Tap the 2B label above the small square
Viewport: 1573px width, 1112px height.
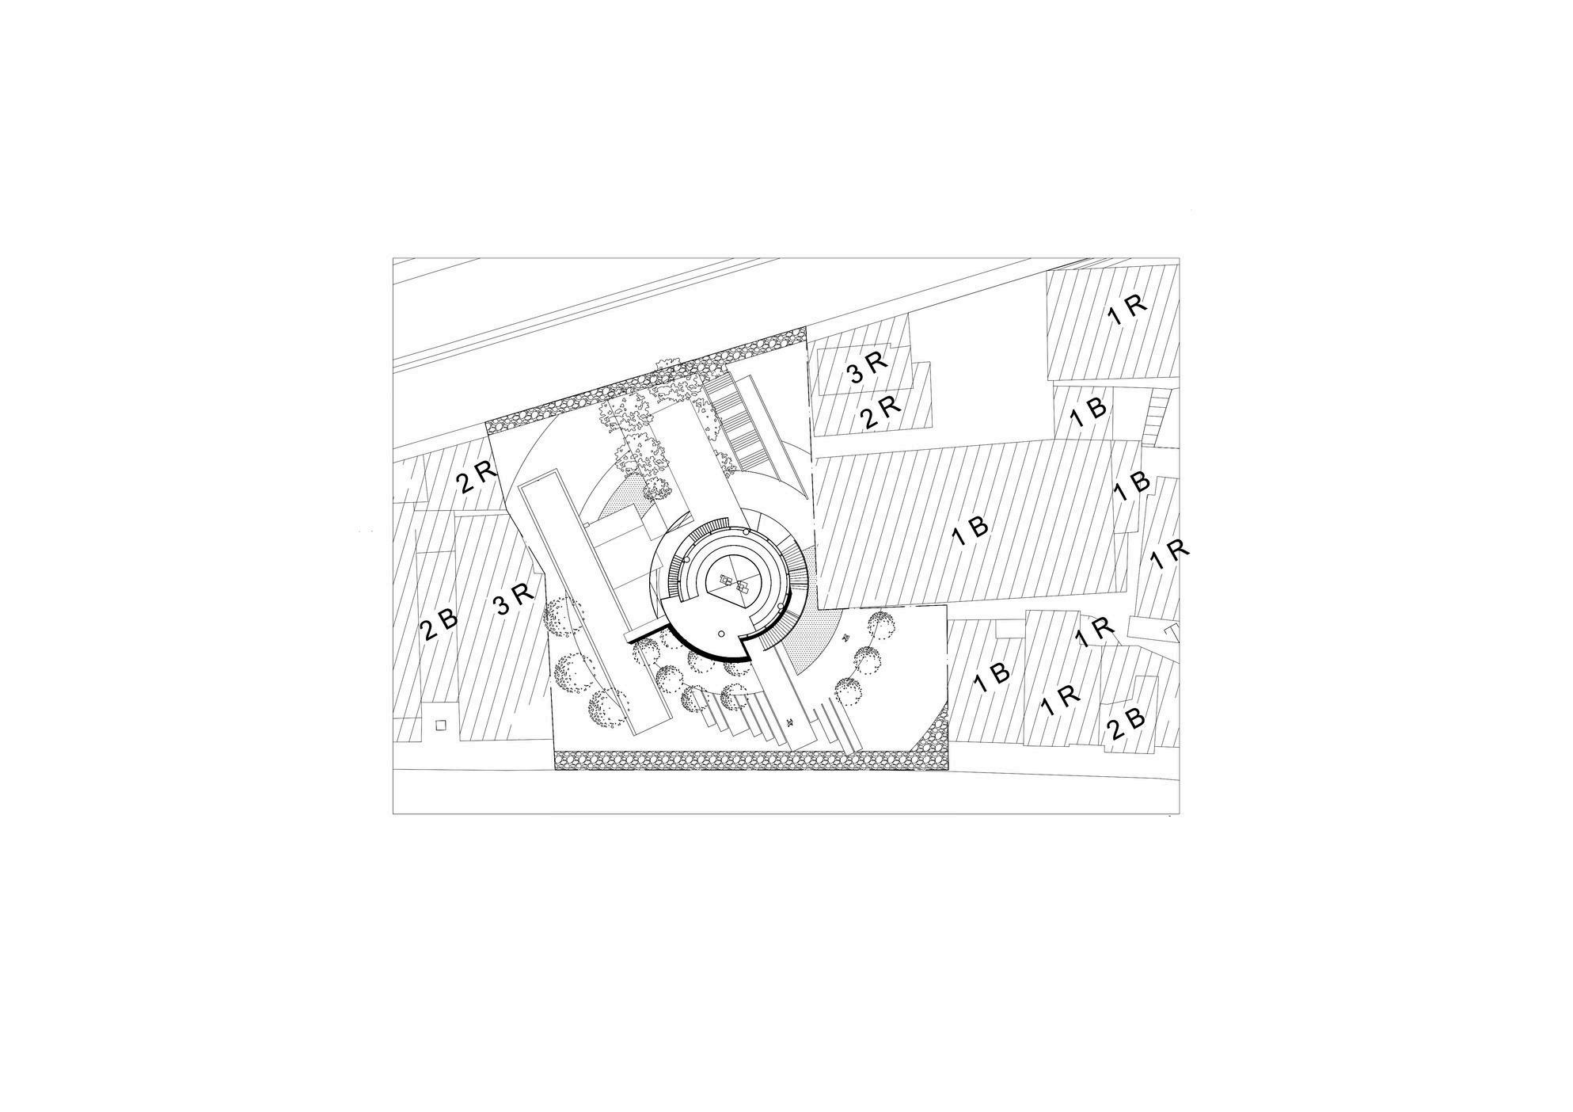point(439,623)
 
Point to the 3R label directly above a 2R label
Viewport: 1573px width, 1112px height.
point(868,366)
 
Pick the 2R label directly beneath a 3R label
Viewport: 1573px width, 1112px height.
point(881,411)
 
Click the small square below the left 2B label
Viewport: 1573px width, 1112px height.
point(441,724)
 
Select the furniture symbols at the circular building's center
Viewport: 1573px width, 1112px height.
point(733,585)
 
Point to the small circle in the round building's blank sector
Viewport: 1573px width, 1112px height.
point(721,634)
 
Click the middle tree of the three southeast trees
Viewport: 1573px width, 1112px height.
point(868,657)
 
